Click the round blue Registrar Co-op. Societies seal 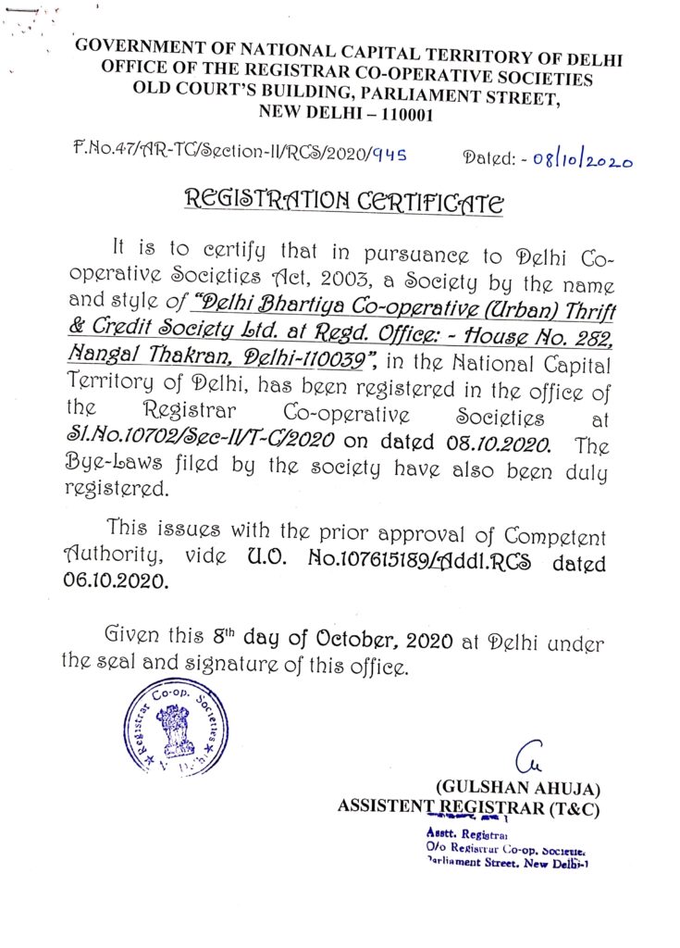coord(175,727)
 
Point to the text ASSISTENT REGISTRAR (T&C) coord(469,807)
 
